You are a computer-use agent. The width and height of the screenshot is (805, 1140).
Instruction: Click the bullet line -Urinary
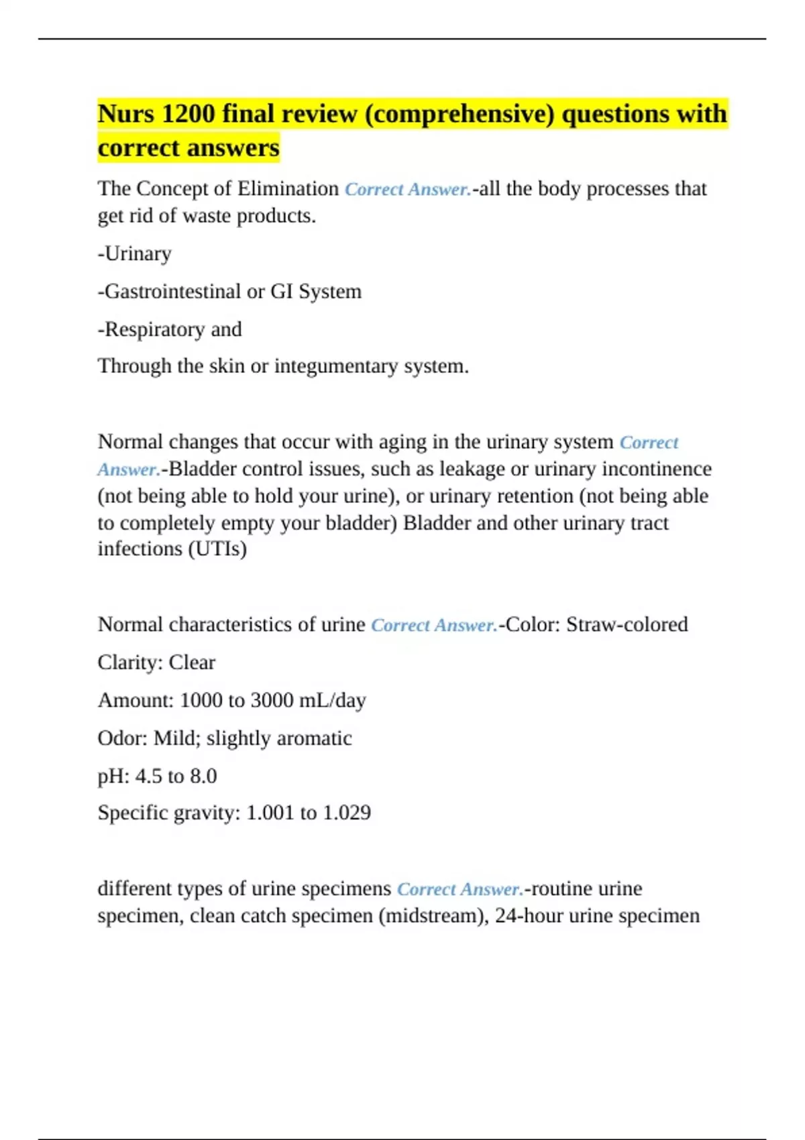(135, 253)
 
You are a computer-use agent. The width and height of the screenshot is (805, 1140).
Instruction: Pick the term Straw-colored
(627, 624)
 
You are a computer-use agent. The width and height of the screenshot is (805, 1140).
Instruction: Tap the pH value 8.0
(203, 776)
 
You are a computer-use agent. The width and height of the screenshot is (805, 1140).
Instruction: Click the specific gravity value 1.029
(347, 813)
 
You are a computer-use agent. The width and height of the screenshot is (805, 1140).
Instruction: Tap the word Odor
(123, 738)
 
